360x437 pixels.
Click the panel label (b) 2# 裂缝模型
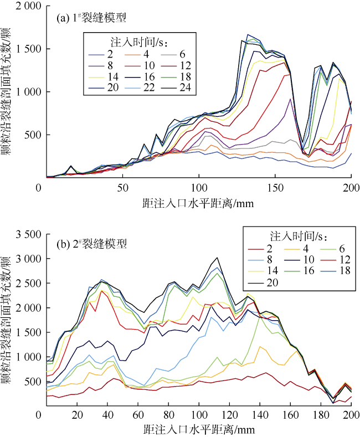click(92, 243)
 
